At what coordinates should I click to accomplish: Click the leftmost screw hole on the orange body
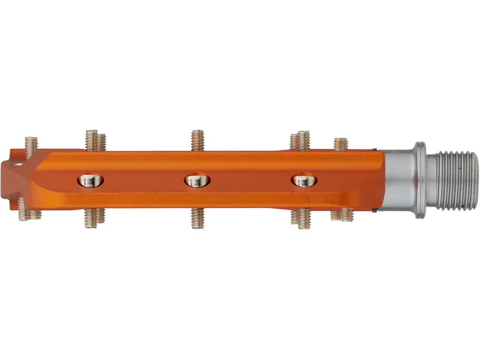90,180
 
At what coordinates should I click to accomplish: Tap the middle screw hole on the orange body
197,180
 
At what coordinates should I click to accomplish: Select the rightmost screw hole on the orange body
304,180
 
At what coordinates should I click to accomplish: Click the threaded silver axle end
457,181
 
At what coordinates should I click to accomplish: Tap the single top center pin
197,140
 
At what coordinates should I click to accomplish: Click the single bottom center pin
197,218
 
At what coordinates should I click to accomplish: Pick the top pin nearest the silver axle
340,144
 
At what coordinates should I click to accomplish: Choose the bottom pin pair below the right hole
301,218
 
